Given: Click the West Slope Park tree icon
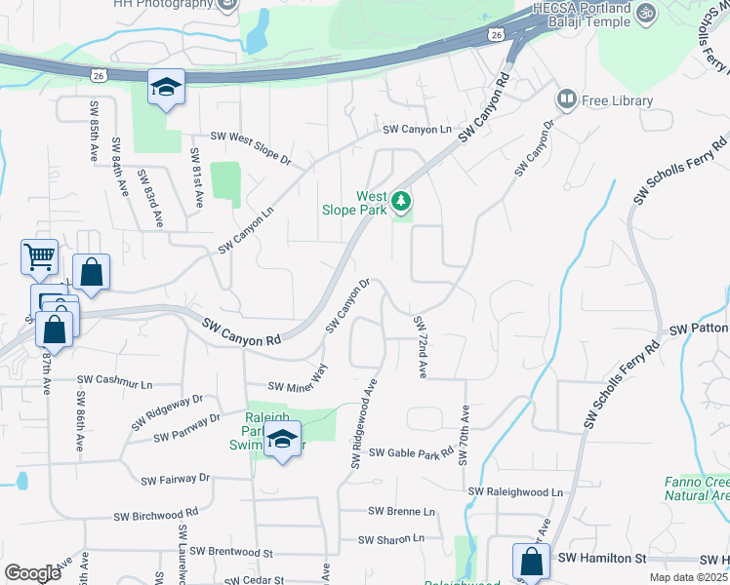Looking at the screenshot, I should pyautogui.click(x=401, y=202).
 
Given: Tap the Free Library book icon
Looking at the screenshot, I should pyautogui.click(x=566, y=99).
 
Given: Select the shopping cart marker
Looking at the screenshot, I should pyautogui.click(x=39, y=258).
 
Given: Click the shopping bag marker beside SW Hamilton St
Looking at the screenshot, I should pyautogui.click(x=531, y=562).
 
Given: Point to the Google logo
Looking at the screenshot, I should pyautogui.click(x=32, y=573).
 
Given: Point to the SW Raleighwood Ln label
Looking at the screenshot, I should pyautogui.click(x=516, y=492).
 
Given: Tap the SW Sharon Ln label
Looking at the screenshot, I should pyautogui.click(x=391, y=538).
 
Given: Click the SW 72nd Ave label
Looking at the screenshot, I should pyautogui.click(x=422, y=347).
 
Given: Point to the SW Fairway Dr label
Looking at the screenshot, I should pyautogui.click(x=176, y=479).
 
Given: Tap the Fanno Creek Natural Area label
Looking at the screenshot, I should pyautogui.click(x=696, y=488).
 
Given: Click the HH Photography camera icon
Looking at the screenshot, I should pyautogui.click(x=228, y=4).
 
